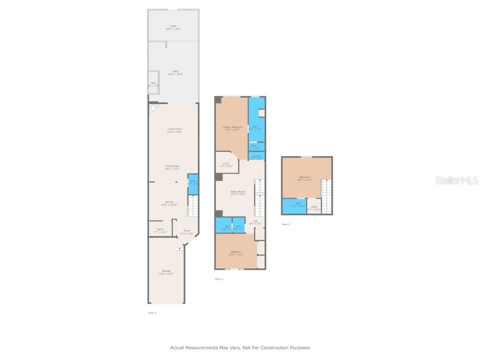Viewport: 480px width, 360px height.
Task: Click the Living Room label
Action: point(174,130)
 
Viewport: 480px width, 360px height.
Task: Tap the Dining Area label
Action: point(172,167)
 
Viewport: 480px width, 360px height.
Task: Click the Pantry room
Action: point(160,230)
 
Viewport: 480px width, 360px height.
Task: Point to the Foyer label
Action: point(187,232)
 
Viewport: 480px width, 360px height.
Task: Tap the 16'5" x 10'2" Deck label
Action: point(173,27)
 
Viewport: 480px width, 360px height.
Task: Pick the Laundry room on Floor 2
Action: point(256,157)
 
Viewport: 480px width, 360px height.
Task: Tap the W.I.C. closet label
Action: point(226,165)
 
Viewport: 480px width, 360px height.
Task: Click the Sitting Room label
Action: point(238,193)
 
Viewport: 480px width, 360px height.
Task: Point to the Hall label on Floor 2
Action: point(255,222)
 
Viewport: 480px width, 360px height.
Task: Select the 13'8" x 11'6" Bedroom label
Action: point(235,253)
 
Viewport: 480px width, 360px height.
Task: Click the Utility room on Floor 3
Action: point(314,208)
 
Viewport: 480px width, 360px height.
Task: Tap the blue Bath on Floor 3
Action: point(295,205)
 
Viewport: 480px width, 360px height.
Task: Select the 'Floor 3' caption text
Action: point(285,225)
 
